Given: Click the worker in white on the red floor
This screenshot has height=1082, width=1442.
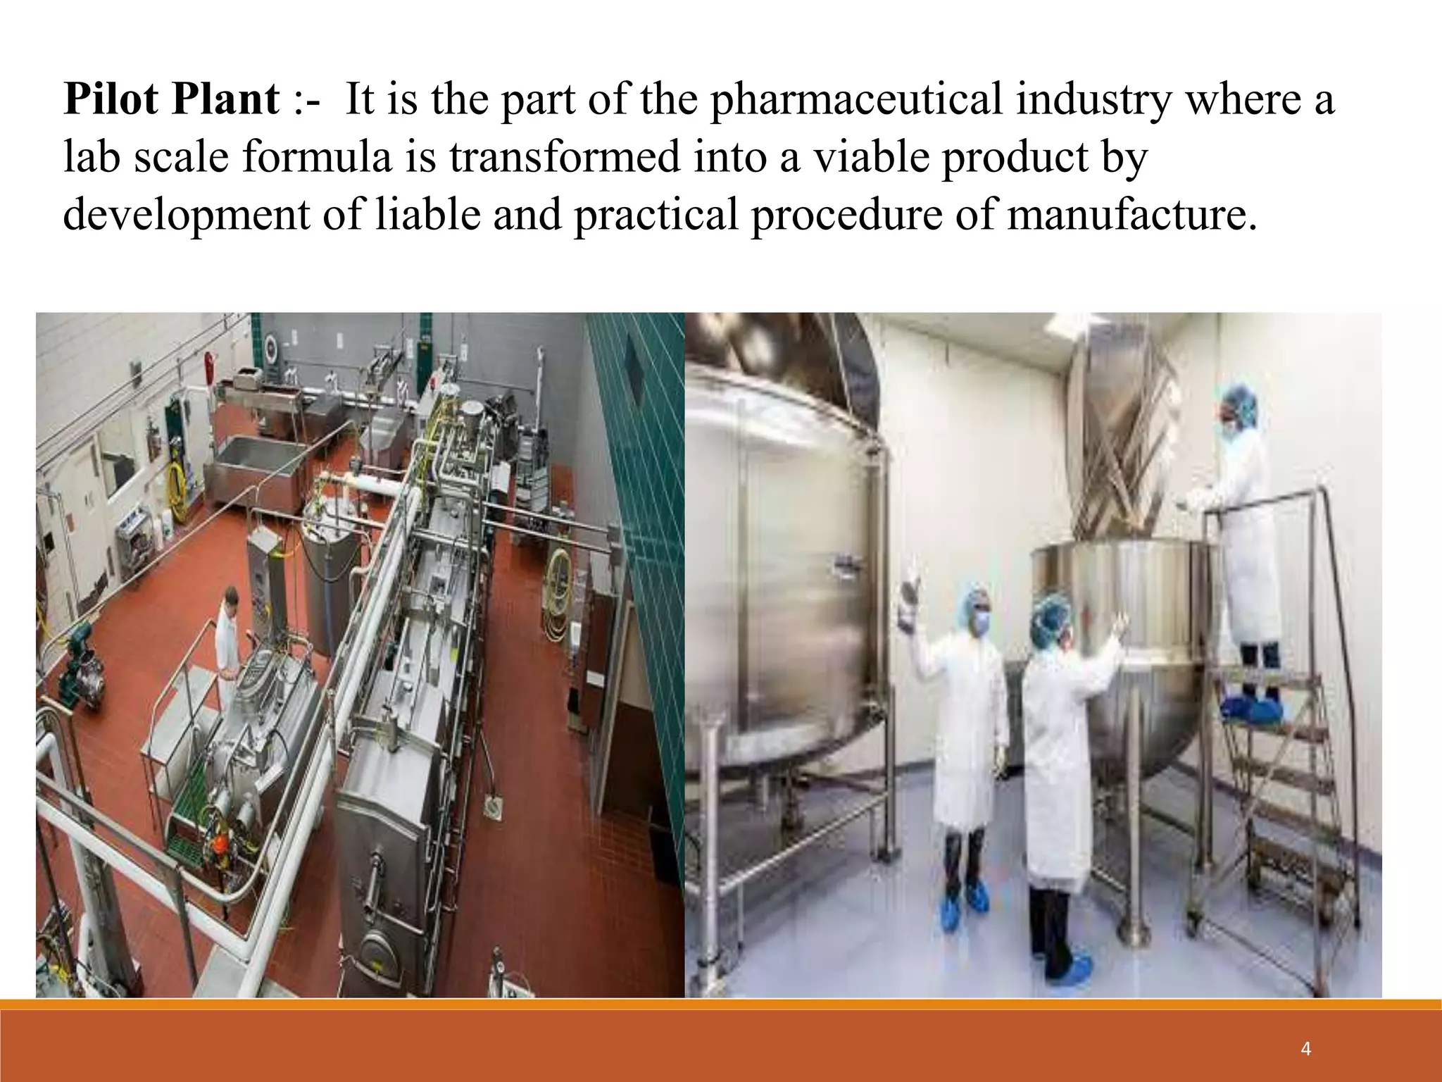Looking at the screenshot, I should [227, 638].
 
